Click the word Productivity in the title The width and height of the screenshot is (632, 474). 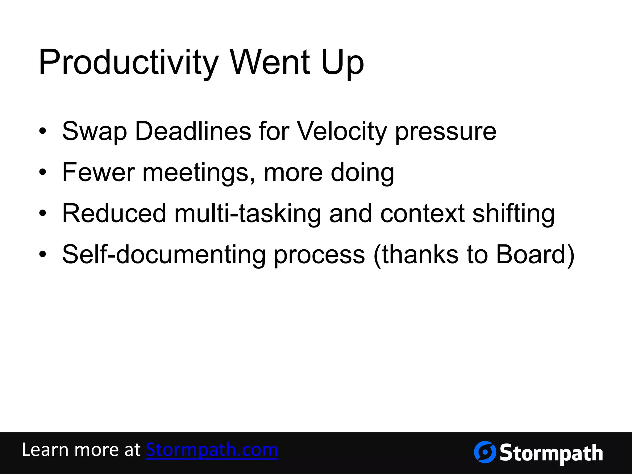click(128, 63)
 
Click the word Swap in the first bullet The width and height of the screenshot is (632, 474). click(94, 131)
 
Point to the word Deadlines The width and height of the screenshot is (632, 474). click(193, 131)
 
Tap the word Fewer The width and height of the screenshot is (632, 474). click(98, 172)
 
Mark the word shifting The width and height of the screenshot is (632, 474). click(513, 214)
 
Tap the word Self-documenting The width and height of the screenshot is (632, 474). click(164, 255)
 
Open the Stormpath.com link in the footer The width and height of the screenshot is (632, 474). click(212, 450)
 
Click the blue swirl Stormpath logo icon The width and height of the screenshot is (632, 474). click(484, 452)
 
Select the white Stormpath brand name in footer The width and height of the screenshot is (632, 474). click(551, 453)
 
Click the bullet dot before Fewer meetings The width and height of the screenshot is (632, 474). click(43, 173)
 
